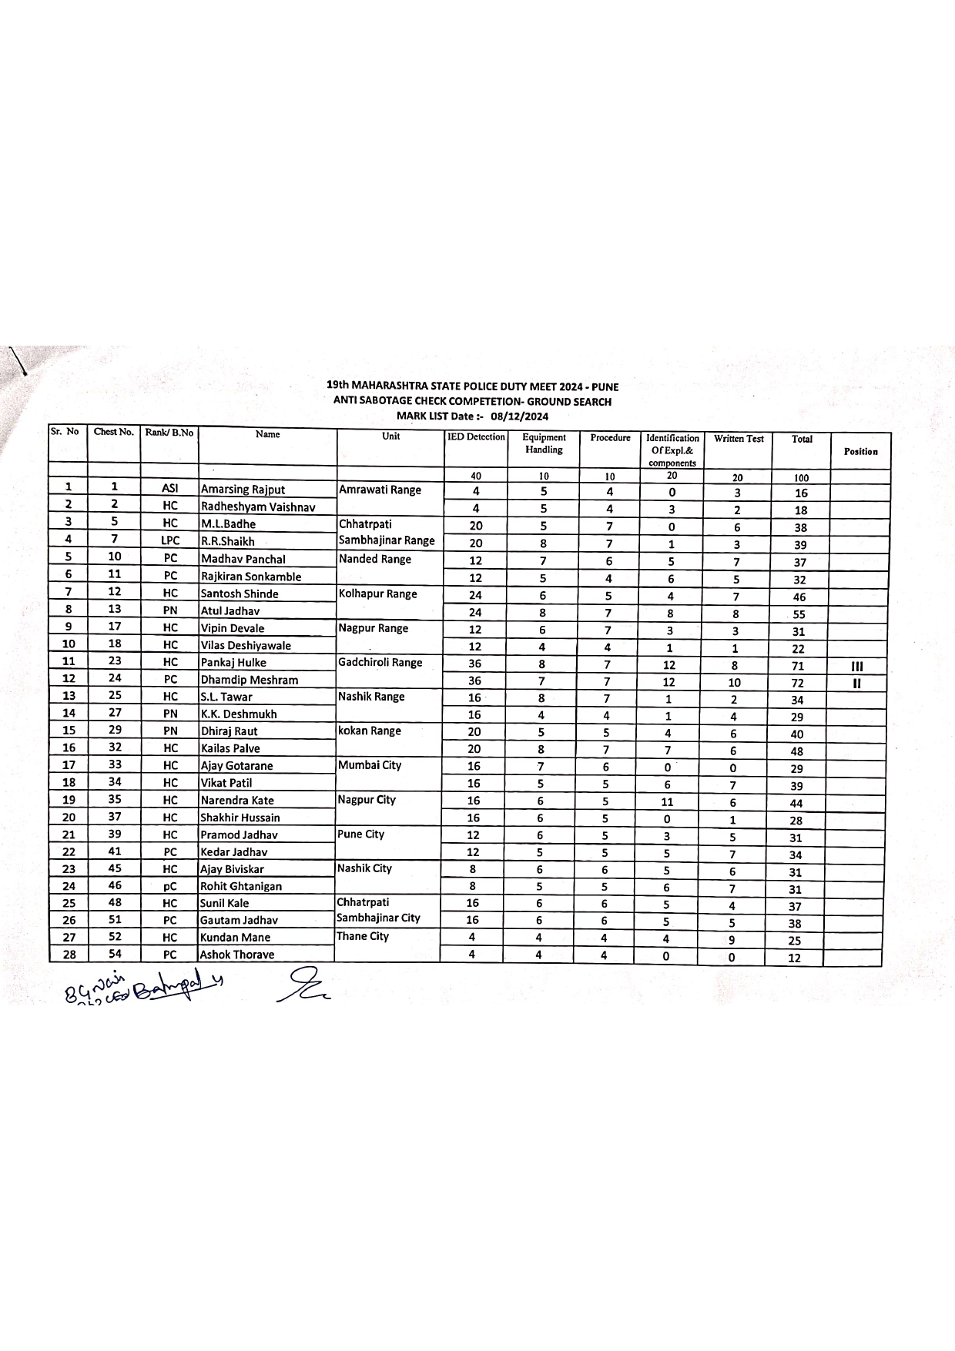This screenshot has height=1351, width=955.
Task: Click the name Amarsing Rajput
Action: [x=243, y=490]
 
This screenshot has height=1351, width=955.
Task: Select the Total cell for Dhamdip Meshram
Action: [x=797, y=683]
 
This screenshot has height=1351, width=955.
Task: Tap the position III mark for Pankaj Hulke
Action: [x=856, y=667]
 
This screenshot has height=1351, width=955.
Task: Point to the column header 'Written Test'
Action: [x=739, y=439]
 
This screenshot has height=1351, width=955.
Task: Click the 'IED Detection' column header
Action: [x=476, y=437]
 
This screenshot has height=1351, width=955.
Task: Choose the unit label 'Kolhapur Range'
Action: [x=377, y=594]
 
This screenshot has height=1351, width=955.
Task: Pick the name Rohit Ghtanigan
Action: [x=241, y=886]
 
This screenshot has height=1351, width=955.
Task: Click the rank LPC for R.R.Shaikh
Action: [x=170, y=540]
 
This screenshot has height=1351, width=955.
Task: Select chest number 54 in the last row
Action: [x=114, y=954]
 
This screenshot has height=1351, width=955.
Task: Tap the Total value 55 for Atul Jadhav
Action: [x=799, y=614]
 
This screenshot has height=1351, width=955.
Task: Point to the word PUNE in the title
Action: [x=605, y=386]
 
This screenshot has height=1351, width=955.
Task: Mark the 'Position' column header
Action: [x=860, y=452]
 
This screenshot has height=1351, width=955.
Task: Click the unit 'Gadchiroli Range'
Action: [x=380, y=662]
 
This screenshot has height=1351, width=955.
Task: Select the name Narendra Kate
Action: [x=237, y=801]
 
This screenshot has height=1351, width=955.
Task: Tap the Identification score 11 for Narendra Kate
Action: [x=667, y=801]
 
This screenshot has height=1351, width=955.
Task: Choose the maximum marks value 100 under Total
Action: [x=801, y=478]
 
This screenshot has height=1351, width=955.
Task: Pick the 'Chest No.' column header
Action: [x=114, y=432]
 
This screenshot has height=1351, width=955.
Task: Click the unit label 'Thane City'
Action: [x=363, y=936]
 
